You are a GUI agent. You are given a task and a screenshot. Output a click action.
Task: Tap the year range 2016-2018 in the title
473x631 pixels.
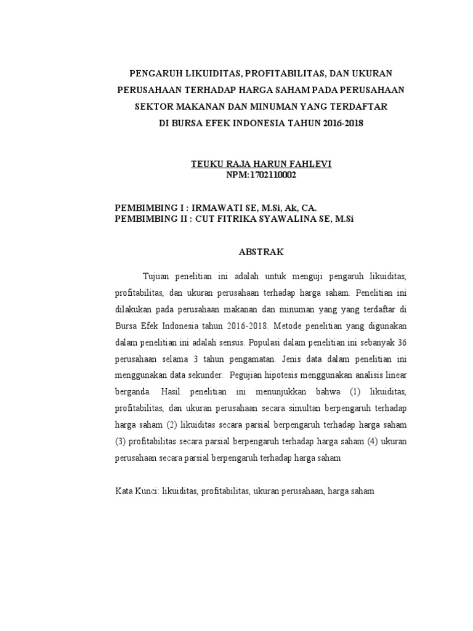pos(341,123)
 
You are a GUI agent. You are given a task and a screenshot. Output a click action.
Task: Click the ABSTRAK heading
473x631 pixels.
pos(259,253)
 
